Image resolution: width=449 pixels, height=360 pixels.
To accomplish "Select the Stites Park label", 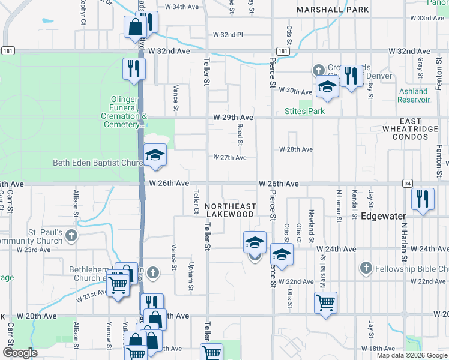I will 304,111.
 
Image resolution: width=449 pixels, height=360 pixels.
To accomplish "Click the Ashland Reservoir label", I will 414,95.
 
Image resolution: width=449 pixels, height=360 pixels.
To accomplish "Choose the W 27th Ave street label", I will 230,158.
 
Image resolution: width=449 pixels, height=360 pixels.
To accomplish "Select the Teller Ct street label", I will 196,202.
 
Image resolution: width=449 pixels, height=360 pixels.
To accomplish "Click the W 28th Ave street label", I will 296,149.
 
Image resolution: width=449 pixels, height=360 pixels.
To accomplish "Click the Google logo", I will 20,353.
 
